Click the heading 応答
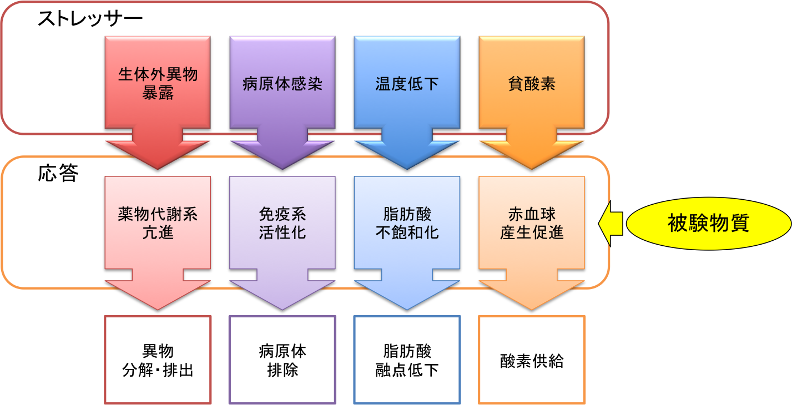coord(58,174)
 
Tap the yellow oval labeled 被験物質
coord(708,223)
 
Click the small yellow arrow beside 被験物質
coord(612,223)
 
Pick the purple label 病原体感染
coord(283,84)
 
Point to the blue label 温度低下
coord(407,84)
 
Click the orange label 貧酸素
coord(532,84)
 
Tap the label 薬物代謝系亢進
coord(158,223)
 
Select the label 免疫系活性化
coord(283,223)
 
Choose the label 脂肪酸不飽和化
coord(407,223)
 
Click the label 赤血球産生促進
coord(532,223)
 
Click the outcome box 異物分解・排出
coord(158,360)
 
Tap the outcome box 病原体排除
coord(283,360)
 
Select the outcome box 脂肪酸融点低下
coord(407,360)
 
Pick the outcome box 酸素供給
coord(532,361)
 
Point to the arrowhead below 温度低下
coord(407,153)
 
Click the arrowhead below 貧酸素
coord(532,153)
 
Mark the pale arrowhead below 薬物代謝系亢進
coord(158,293)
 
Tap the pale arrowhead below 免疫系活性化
coord(283,293)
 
